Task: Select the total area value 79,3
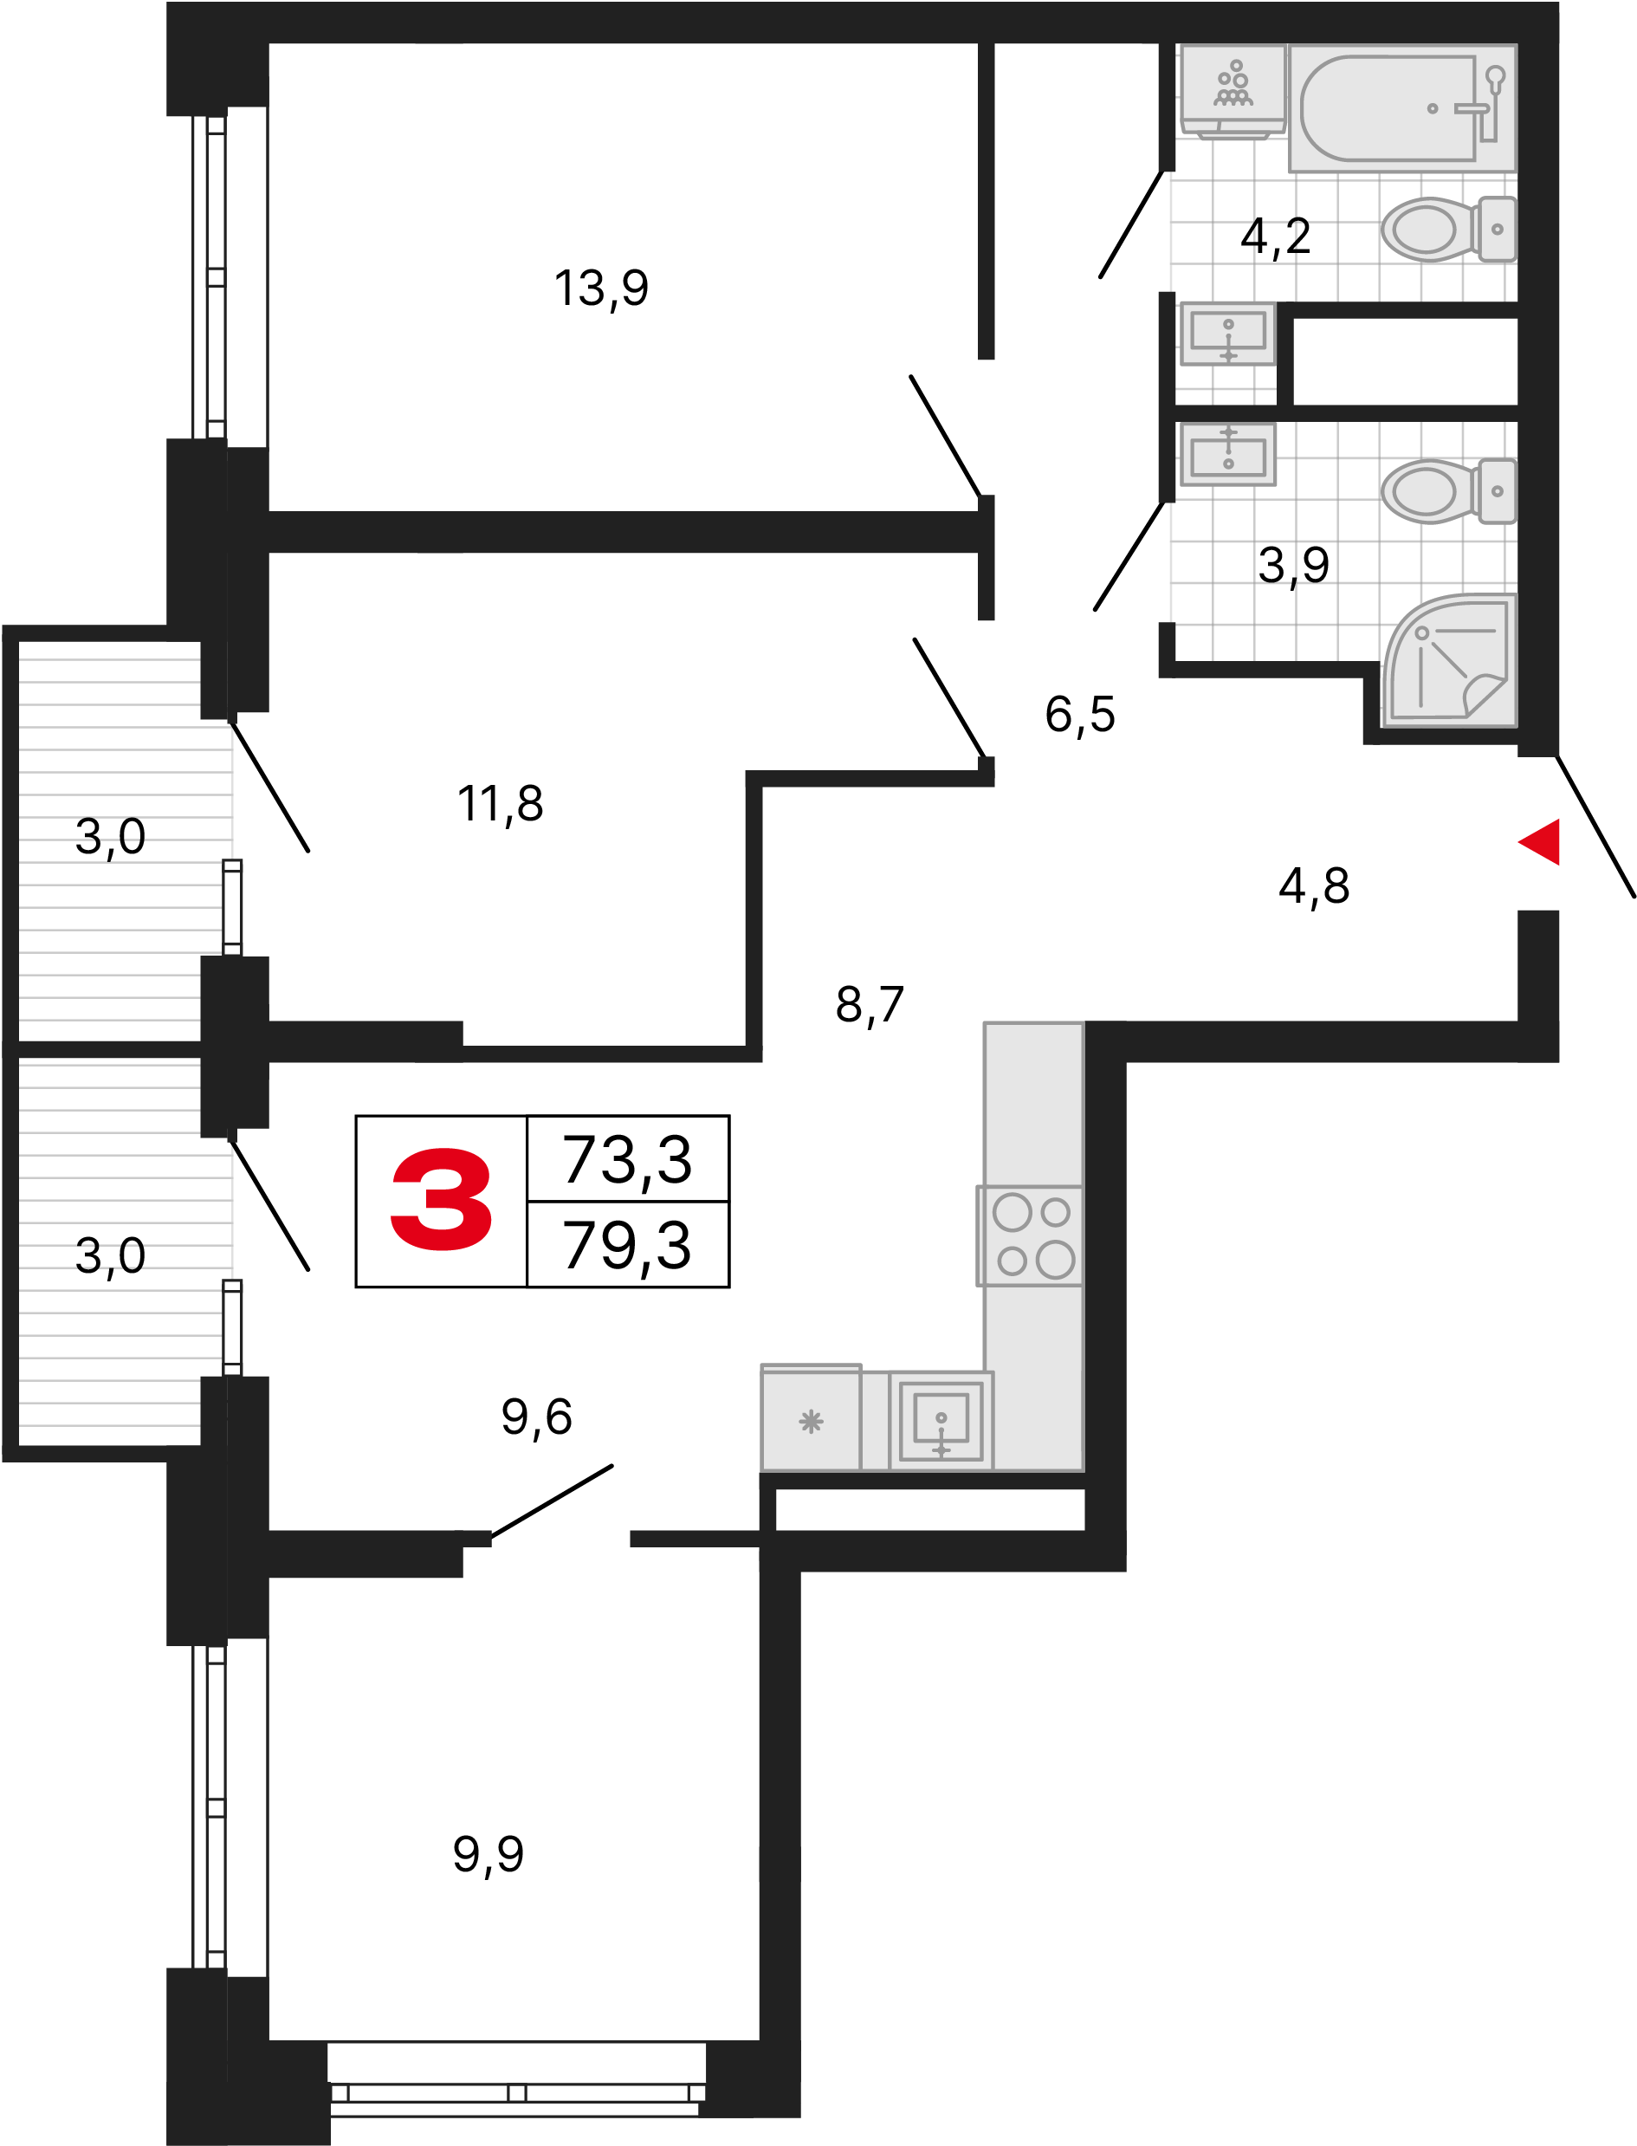627,1246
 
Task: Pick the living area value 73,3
627,1160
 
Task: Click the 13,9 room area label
601,289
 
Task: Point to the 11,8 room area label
500,804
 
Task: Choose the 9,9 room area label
489,1854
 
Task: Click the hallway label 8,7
870,1004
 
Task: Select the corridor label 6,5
1079,715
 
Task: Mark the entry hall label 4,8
1315,886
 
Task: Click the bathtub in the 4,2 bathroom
1402,108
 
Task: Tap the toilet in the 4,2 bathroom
1448,230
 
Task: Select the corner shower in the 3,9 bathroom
1450,660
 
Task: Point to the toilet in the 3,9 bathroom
1448,491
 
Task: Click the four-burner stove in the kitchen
1031,1235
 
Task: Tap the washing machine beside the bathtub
1233,92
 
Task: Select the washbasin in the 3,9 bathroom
1228,454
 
